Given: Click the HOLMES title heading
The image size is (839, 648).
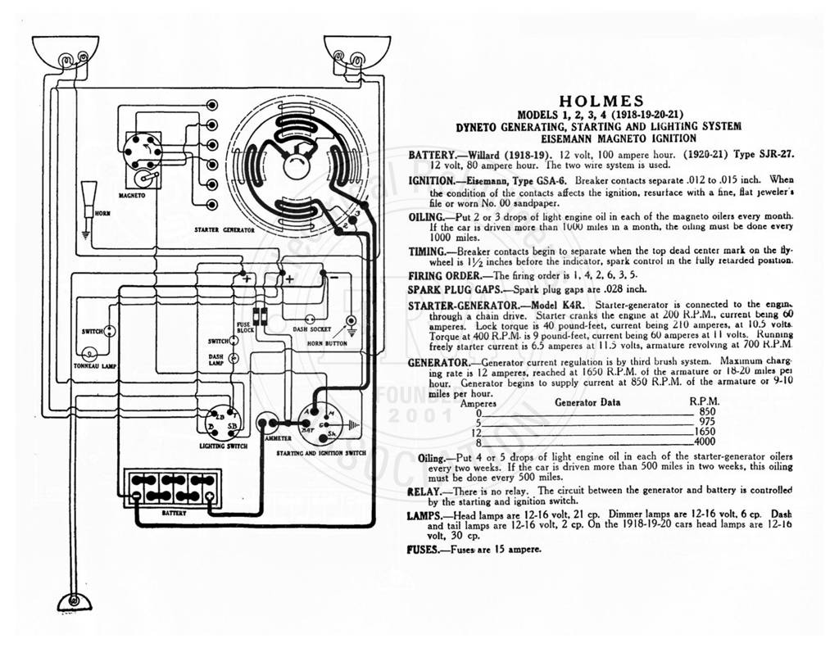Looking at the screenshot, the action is click(601, 101).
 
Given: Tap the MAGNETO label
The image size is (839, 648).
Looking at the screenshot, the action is click(132, 196).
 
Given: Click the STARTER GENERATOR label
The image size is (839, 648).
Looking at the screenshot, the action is click(224, 230).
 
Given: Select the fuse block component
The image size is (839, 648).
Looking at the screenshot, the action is click(260, 317).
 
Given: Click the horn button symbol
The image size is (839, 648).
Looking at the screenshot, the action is click(351, 322).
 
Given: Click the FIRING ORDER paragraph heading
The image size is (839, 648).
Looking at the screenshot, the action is click(445, 276).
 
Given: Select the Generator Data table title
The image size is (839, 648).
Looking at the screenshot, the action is click(587, 402).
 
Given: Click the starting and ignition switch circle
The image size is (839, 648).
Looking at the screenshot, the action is click(323, 422).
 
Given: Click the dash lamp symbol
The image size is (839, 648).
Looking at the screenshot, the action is click(234, 358).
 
